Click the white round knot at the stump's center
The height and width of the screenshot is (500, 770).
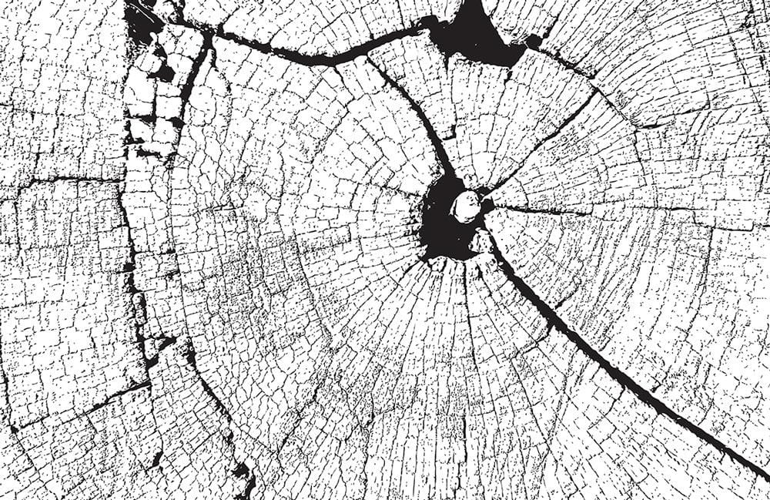tap(466, 206)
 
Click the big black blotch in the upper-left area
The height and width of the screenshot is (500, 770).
tap(142, 23)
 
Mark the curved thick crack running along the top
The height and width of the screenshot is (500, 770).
tap(308, 54)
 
